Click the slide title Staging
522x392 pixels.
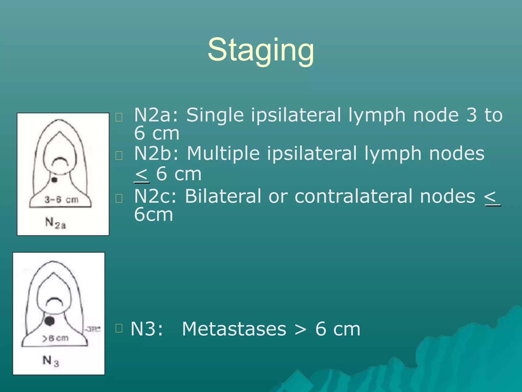tap(261, 50)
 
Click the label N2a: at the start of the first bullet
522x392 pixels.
tap(156, 115)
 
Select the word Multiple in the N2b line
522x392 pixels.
tap(223, 153)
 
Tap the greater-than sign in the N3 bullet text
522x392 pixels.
tap(301, 329)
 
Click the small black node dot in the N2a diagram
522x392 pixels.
tap(54, 180)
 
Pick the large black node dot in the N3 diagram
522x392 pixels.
tap(49, 321)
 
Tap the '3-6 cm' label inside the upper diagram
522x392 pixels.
tap(61, 200)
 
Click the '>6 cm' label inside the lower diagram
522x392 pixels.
tap(56, 338)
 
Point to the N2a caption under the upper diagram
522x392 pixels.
tap(56, 223)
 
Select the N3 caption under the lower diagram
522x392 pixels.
tap(51, 361)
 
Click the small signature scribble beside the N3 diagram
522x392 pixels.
tap(93, 329)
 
